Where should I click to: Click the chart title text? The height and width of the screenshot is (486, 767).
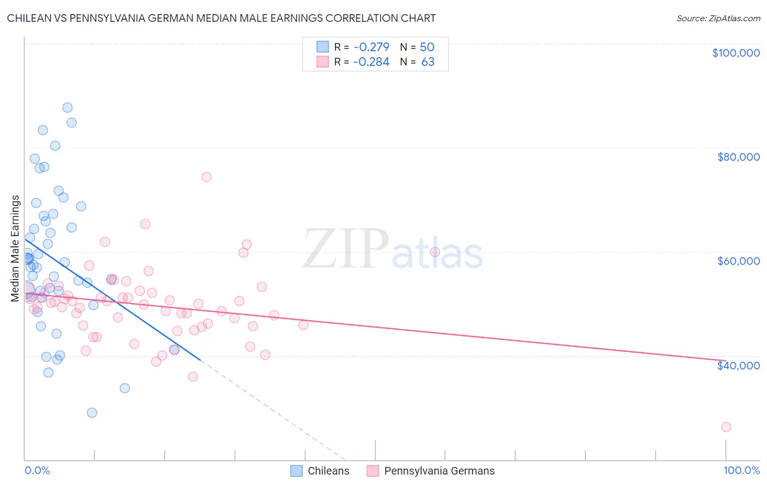click(x=221, y=18)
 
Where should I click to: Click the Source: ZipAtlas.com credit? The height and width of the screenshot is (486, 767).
click(x=718, y=19)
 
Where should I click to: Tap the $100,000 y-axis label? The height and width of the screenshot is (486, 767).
click(x=736, y=53)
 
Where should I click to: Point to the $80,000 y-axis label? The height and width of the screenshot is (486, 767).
click(x=738, y=157)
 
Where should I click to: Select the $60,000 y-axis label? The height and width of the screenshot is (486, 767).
click(x=738, y=261)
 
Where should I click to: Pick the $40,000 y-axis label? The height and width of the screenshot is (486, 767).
click(x=738, y=365)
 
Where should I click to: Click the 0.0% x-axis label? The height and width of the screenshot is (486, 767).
click(x=37, y=471)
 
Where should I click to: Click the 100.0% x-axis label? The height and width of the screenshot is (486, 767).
click(x=741, y=471)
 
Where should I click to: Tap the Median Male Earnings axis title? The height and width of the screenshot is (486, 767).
click(x=15, y=248)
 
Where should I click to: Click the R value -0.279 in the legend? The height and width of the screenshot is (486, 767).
click(x=371, y=47)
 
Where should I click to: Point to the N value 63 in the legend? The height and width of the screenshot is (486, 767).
click(x=428, y=62)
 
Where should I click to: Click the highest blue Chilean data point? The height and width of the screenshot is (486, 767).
click(x=67, y=107)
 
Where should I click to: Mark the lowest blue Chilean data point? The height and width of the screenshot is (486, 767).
click(x=92, y=412)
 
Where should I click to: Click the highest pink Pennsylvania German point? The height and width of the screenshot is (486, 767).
click(x=206, y=177)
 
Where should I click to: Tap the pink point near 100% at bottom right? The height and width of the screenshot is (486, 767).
click(x=726, y=427)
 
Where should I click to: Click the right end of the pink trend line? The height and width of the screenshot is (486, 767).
click(x=724, y=361)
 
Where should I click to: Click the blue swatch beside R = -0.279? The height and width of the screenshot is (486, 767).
click(x=323, y=47)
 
